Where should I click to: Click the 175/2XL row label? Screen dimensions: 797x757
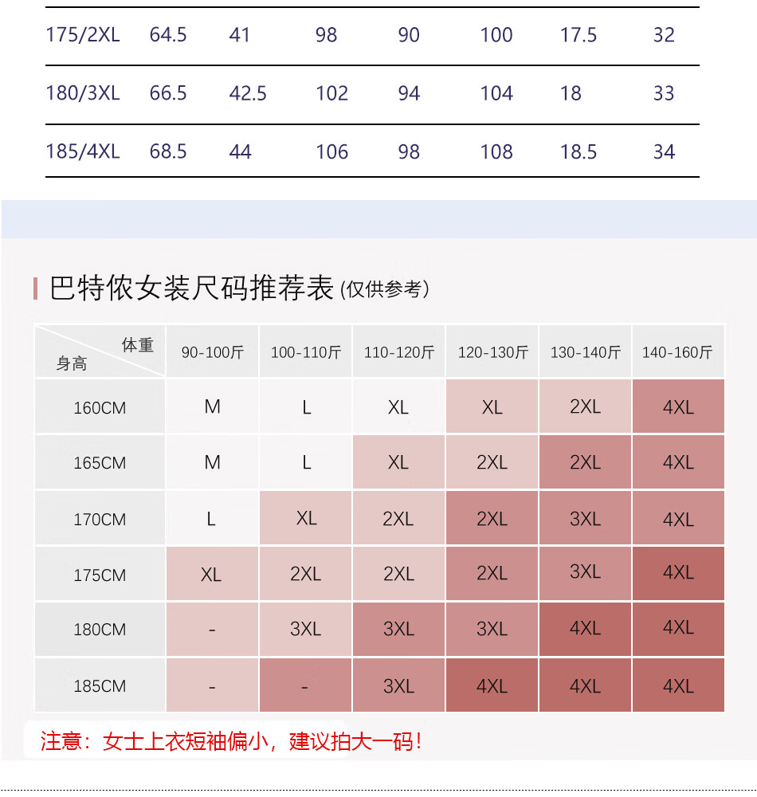(83, 35)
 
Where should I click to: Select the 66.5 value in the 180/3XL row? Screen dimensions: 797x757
(168, 93)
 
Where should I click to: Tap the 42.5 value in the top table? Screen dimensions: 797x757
(248, 93)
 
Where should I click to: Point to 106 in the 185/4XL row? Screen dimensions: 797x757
(331, 151)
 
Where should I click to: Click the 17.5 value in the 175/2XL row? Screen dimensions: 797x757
(579, 35)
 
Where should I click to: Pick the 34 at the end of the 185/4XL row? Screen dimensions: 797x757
(664, 151)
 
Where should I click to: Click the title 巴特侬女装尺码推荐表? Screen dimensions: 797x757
(191, 288)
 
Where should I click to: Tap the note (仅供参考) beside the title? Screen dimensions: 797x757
(385, 289)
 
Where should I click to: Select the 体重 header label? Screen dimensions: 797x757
(137, 345)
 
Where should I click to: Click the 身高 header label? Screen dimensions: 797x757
(72, 364)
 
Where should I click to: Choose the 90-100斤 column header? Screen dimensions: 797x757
(212, 352)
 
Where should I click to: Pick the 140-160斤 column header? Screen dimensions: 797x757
(677, 352)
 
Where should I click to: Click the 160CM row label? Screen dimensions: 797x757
(100, 408)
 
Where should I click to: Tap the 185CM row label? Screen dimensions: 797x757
(100, 686)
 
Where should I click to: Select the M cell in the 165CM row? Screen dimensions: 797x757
(212, 462)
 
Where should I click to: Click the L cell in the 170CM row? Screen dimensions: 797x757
(211, 519)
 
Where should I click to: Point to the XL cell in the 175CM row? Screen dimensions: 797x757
(211, 575)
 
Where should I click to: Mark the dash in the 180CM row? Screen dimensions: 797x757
(212, 630)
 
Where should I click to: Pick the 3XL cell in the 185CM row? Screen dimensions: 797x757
(398, 685)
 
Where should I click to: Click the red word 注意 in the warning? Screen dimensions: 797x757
(61, 742)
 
